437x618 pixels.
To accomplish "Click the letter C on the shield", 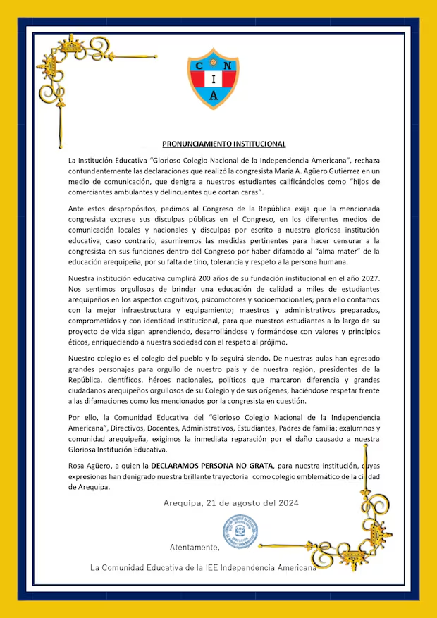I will tap(200, 64).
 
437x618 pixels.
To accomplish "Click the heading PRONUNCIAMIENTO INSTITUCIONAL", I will tap(219, 144).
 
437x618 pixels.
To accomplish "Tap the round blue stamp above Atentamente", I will tap(237, 530).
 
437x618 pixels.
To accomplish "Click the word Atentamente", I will tap(195, 547).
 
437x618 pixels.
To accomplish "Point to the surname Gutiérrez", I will tap(317, 171).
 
